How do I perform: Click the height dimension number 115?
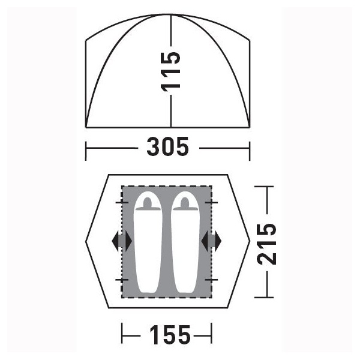click(170, 72)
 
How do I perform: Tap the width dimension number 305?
click(167, 146)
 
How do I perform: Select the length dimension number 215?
click(266, 244)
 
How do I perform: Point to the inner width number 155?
click(170, 335)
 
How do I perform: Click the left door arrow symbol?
click(122, 241)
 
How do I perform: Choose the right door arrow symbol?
click(211, 241)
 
